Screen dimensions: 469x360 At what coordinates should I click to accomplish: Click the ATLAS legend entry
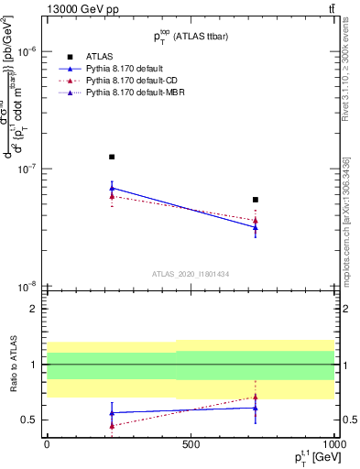99,57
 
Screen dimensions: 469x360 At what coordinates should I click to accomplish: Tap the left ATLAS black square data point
112,157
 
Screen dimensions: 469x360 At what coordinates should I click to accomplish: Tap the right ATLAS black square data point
256,200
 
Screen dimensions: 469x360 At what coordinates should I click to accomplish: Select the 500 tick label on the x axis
191,443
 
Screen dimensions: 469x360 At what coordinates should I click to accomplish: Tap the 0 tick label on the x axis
47,443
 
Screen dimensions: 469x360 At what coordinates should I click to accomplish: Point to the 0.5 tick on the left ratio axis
28,420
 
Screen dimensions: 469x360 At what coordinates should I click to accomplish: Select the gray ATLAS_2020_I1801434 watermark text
190,274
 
